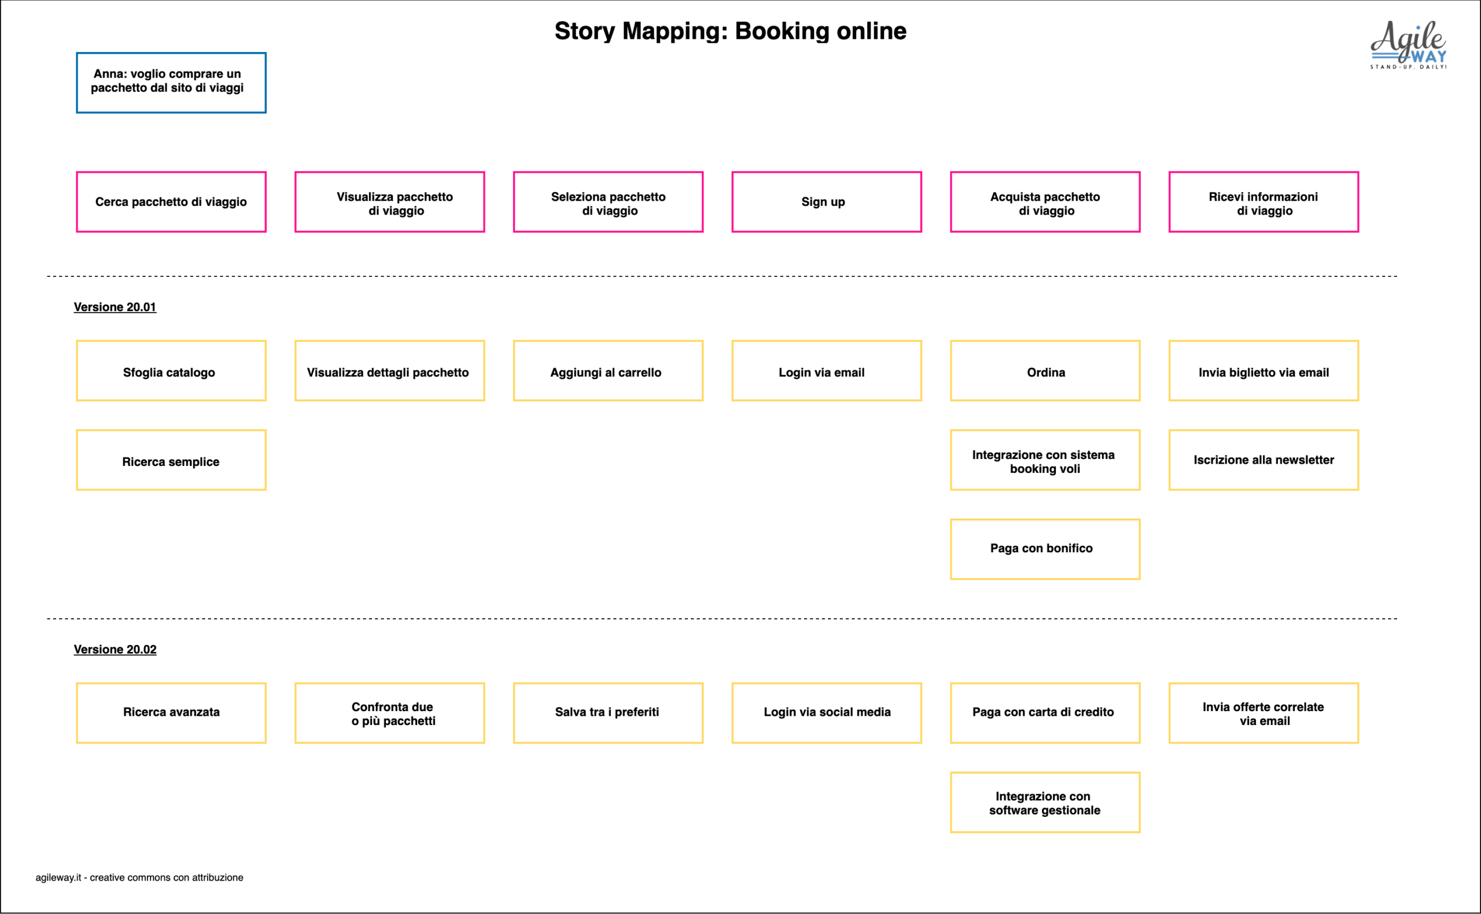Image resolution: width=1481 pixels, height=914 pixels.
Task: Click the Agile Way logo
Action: pyautogui.click(x=1409, y=45)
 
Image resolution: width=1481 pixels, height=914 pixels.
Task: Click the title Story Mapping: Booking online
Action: pyautogui.click(x=731, y=31)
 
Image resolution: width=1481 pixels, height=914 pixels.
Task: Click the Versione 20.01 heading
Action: pyautogui.click(x=115, y=307)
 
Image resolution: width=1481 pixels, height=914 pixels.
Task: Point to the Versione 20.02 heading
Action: pyautogui.click(x=115, y=649)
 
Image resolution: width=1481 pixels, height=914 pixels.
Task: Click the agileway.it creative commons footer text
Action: pyautogui.click(x=139, y=878)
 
